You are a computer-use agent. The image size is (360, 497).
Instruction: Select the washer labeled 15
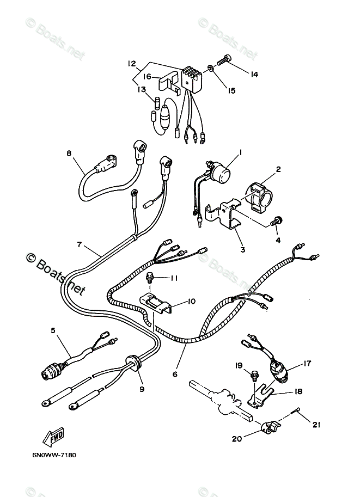tap(210, 69)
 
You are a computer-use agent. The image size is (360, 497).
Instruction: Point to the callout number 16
tap(147, 77)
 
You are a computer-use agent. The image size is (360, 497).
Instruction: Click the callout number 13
tap(142, 90)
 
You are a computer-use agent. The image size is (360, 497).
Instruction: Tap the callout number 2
tap(278, 170)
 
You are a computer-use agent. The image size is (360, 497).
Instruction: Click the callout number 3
tap(242, 250)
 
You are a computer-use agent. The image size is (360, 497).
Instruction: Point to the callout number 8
tap(69, 154)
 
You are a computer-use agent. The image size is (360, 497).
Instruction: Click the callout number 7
tap(80, 245)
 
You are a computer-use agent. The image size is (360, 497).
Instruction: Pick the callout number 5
tap(53, 329)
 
